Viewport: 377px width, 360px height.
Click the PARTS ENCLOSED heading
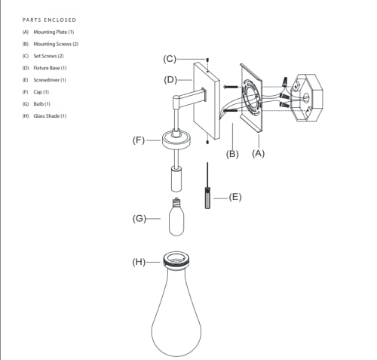click(x=49, y=20)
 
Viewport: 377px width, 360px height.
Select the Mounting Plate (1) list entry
click(x=48, y=32)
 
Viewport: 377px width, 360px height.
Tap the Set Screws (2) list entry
click(x=43, y=56)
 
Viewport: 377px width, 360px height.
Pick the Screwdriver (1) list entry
click(x=44, y=80)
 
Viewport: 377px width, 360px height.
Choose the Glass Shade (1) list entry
click(x=44, y=116)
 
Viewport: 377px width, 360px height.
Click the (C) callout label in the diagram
click(x=170, y=59)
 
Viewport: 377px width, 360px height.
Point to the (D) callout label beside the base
click(x=170, y=80)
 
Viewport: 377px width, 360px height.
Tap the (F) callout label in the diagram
click(x=139, y=140)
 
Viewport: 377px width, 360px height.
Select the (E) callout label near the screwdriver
click(x=235, y=197)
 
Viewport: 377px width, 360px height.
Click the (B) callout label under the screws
click(x=232, y=154)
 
